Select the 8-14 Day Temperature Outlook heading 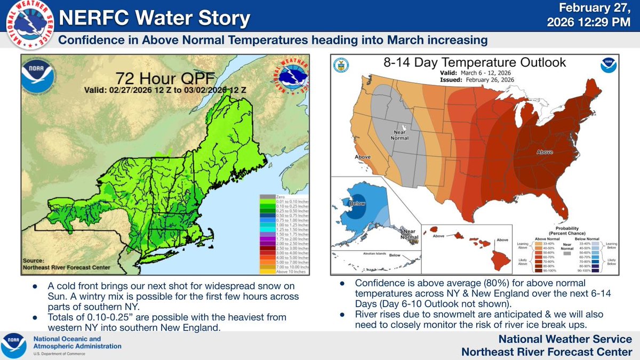coord(474,62)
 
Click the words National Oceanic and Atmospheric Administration coord(78,343)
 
